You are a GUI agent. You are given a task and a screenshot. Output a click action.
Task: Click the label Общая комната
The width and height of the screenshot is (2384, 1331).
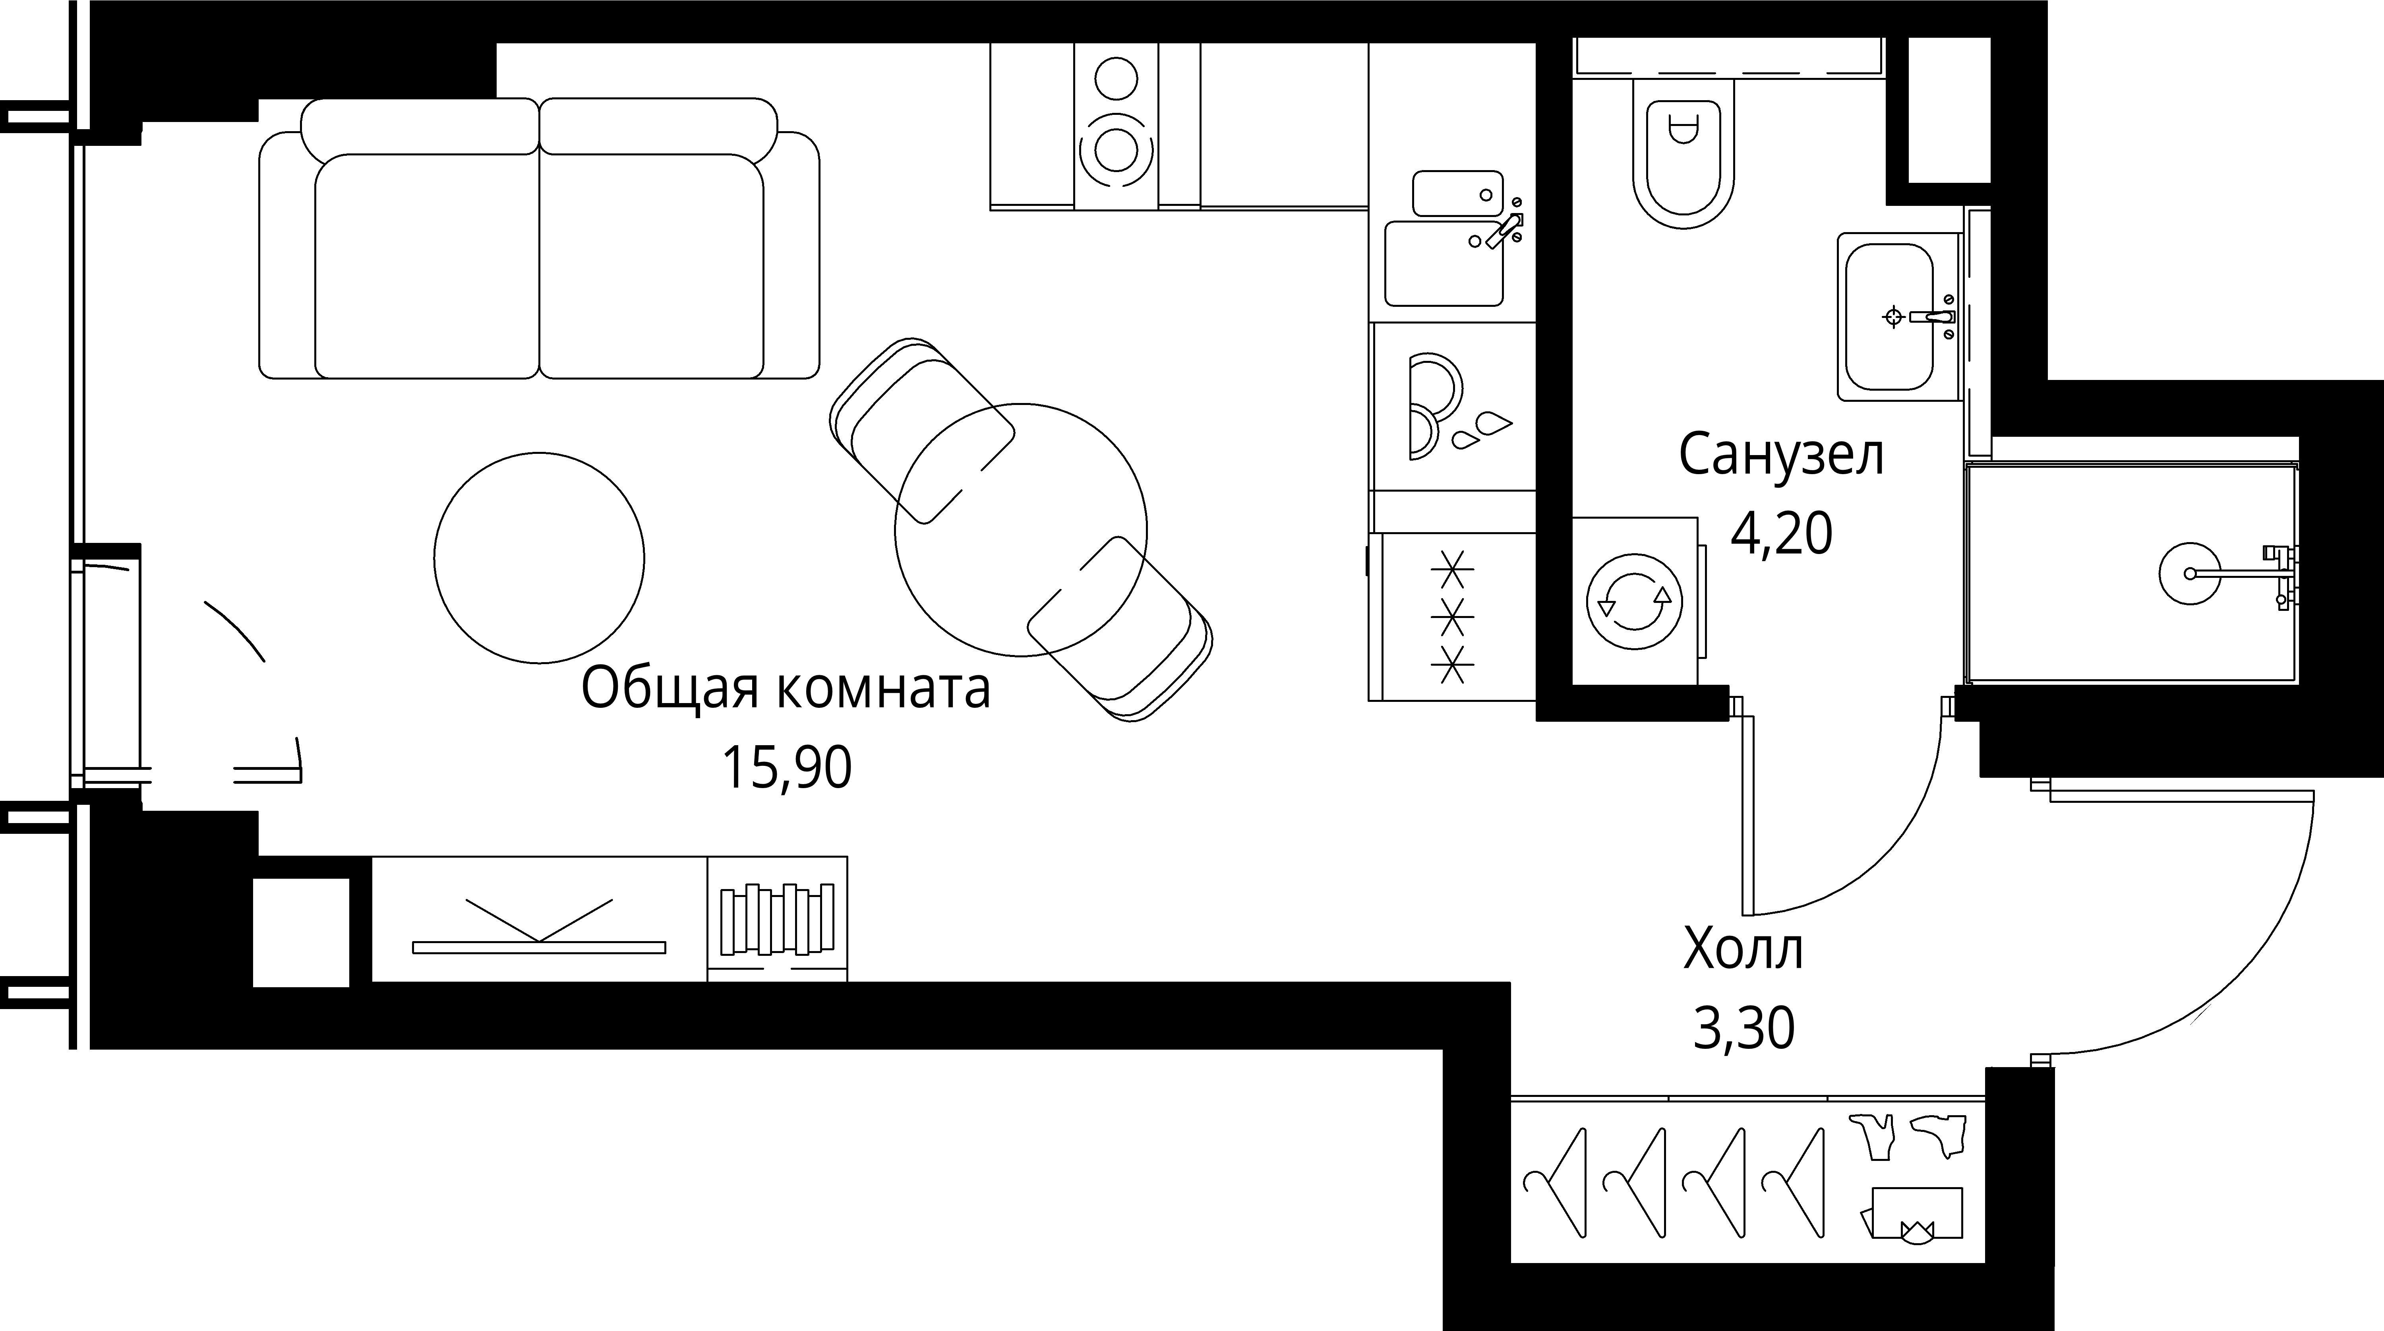pyautogui.click(x=786, y=690)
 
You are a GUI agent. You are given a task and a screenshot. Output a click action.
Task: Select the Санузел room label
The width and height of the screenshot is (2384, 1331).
pyautogui.click(x=1780, y=455)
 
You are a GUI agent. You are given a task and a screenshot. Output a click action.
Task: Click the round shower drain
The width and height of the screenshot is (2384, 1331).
pyautogui.click(x=2190, y=573)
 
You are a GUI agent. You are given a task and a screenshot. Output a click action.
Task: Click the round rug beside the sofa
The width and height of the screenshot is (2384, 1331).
pyautogui.click(x=540, y=557)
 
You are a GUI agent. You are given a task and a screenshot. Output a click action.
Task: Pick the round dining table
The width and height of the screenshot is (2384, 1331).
pyautogui.click(x=1021, y=529)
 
